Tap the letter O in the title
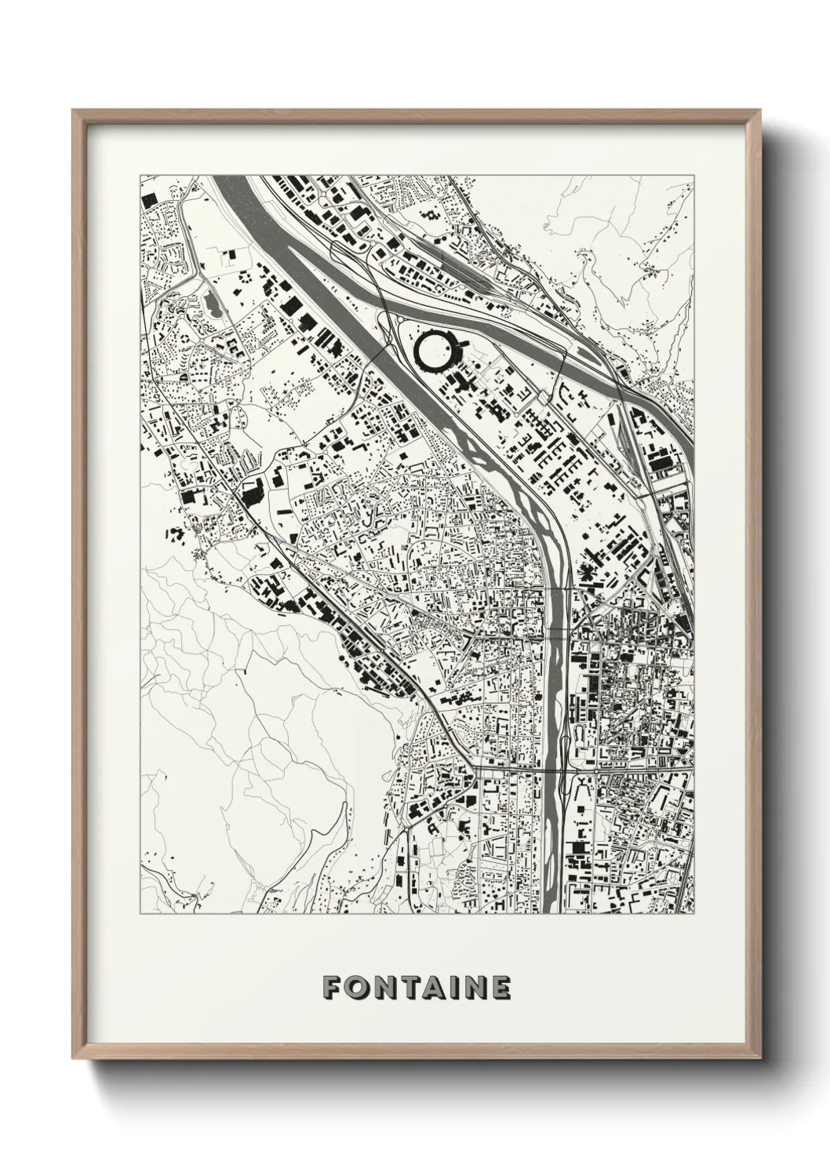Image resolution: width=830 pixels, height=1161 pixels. (358, 988)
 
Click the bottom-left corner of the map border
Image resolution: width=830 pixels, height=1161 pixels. (140, 914)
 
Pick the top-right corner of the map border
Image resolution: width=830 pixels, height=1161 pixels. (694, 175)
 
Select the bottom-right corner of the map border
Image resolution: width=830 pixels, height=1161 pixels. (694, 914)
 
